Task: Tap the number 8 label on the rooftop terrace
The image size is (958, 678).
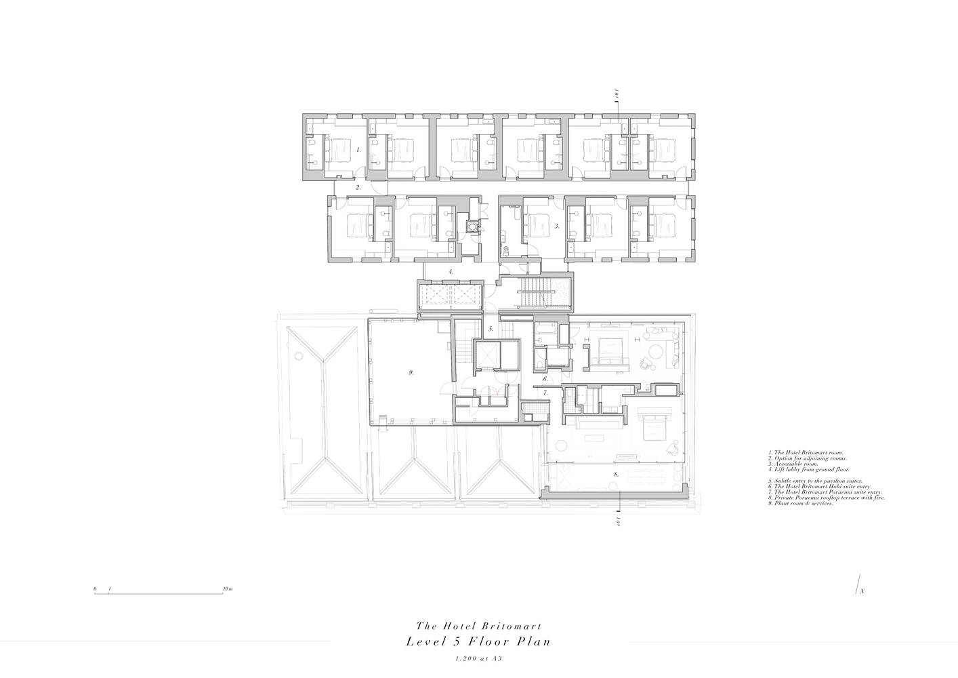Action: (x=616, y=475)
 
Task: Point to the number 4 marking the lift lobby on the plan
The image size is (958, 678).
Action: (x=450, y=272)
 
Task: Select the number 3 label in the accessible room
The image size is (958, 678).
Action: (x=556, y=226)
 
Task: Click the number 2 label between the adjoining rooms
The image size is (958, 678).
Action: (x=359, y=187)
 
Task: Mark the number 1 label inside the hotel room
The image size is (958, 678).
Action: (x=358, y=148)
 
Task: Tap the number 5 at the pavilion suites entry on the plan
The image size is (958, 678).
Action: (x=491, y=330)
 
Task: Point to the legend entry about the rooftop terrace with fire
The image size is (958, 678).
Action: (x=827, y=498)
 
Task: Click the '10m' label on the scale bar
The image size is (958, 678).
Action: (x=228, y=589)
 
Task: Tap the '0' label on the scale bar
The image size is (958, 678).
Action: (x=96, y=589)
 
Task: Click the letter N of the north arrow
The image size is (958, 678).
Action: (x=862, y=592)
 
